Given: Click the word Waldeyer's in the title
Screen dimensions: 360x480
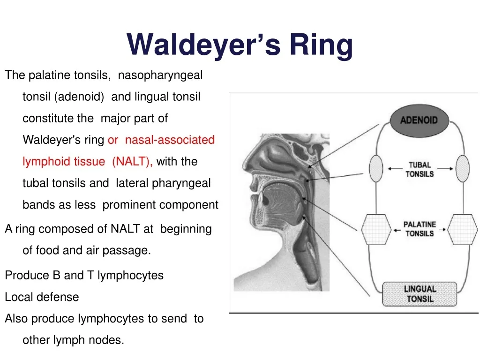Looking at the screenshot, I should click(x=203, y=45).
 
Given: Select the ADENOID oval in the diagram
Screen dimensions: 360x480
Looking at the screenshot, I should click(x=419, y=120).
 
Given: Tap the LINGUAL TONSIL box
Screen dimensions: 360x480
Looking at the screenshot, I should click(x=419, y=294).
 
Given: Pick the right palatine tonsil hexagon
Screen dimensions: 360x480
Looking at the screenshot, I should click(x=463, y=228).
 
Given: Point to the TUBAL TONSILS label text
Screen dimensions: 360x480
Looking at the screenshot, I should click(x=419, y=169).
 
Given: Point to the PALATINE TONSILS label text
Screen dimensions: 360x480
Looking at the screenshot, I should click(x=420, y=229).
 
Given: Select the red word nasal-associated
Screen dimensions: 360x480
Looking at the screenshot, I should click(x=170, y=140).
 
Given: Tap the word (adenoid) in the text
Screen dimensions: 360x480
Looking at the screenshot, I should click(x=79, y=97).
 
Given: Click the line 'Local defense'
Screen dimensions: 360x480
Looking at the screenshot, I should click(x=42, y=297).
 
